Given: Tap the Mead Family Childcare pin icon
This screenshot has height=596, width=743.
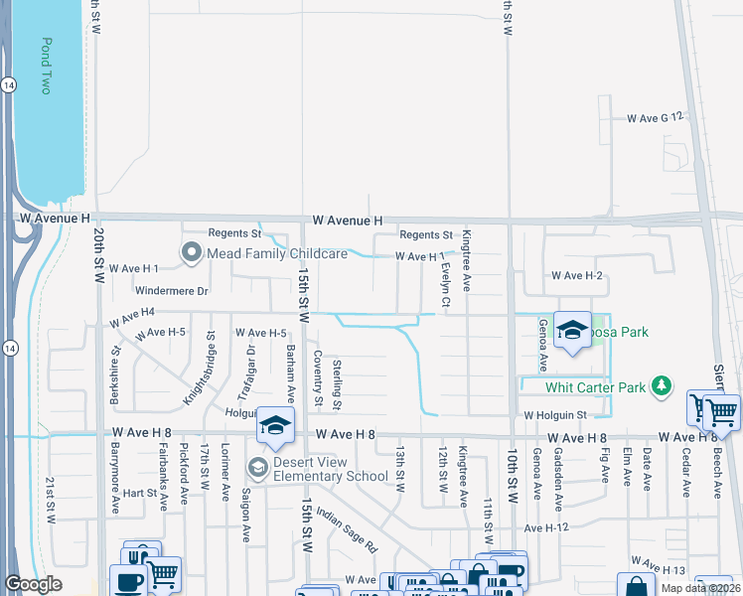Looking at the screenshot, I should click(x=191, y=253).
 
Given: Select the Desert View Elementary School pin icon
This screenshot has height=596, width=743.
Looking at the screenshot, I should click(x=257, y=466).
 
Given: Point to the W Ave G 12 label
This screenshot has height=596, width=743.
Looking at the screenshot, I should click(x=657, y=117).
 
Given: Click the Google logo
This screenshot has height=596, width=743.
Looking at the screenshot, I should click(x=33, y=584).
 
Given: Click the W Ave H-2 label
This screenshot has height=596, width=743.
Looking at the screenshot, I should click(x=577, y=275).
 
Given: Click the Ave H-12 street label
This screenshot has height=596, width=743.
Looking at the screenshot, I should click(x=547, y=527).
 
